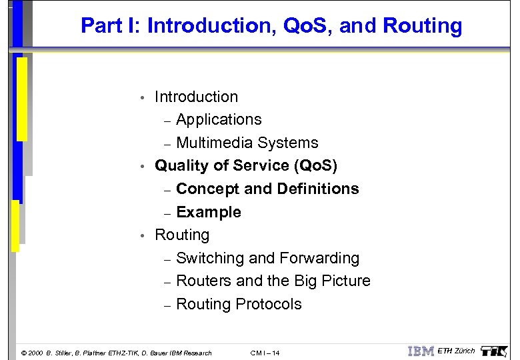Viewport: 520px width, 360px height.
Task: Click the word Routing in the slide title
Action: [422, 26]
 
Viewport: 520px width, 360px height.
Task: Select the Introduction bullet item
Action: [196, 97]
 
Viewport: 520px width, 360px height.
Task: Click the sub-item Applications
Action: [219, 120]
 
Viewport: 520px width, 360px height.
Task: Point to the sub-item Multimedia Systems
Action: [247, 143]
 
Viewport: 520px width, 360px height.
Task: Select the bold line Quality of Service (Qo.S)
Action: [246, 165]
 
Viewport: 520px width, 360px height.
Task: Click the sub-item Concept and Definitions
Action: [267, 189]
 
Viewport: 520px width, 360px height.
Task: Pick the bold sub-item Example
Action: [209, 212]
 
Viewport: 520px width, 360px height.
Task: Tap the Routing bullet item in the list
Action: [182, 235]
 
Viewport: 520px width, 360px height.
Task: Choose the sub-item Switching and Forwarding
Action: [267, 258]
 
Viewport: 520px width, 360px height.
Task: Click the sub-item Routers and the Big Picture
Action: [273, 281]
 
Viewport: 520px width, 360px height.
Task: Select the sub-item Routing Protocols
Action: [239, 304]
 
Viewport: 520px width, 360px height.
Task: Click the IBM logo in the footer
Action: [421, 351]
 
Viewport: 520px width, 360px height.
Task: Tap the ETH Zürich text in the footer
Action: [456, 351]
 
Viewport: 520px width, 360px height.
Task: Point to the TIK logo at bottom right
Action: [494, 351]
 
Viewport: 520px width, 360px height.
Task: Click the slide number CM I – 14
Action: [265, 353]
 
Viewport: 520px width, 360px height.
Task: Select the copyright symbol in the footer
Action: [24, 353]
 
